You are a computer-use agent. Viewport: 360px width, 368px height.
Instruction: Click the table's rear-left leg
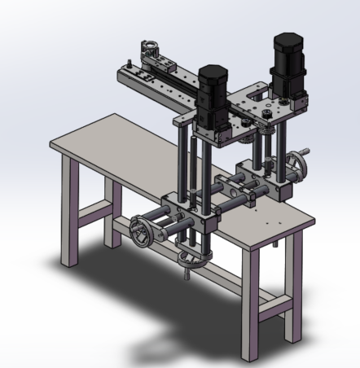[x=112, y=212]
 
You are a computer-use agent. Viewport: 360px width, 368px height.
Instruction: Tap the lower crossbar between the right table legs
[x=274, y=308]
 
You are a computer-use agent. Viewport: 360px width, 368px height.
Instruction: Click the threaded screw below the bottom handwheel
[x=189, y=277]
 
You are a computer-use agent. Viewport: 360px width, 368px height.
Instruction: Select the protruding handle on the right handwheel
[x=308, y=150]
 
